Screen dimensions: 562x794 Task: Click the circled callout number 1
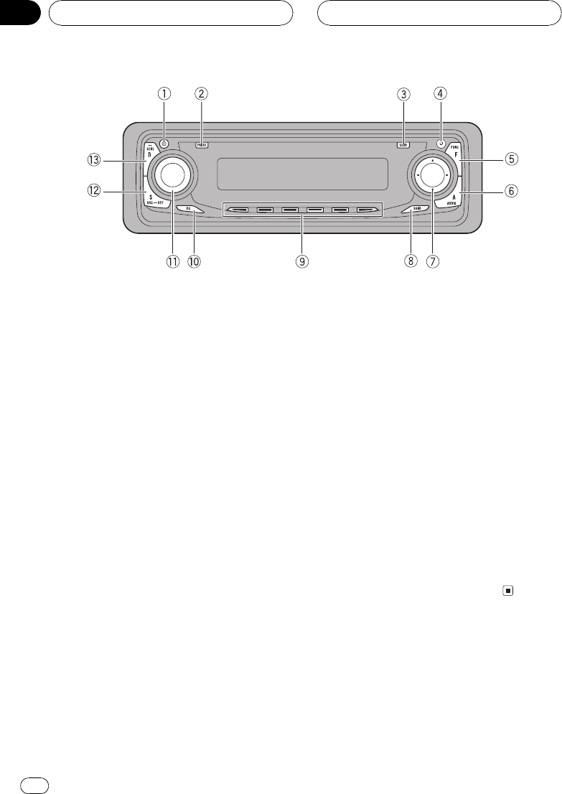click(x=165, y=93)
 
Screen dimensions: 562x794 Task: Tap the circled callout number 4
click(x=439, y=93)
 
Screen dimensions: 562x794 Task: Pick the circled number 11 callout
click(x=172, y=262)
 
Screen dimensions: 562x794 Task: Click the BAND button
click(x=416, y=210)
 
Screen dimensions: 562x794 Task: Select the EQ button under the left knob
click(x=189, y=210)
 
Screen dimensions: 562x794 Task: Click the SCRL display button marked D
click(x=150, y=152)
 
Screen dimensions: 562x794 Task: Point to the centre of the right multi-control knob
click(x=431, y=175)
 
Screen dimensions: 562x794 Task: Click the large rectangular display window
click(x=303, y=174)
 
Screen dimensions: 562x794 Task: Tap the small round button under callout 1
click(x=164, y=142)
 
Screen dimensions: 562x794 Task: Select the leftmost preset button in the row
click(x=239, y=211)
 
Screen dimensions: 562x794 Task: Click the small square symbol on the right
click(x=507, y=592)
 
